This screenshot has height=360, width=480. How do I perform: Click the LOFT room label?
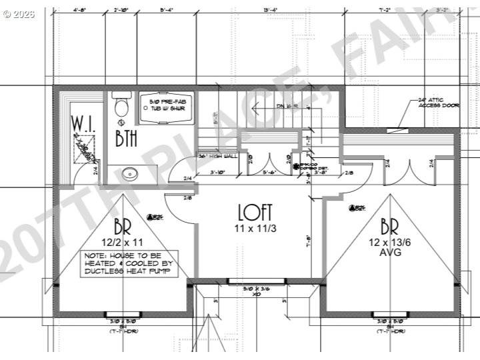255,213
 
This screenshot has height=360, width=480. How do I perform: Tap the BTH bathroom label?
127,139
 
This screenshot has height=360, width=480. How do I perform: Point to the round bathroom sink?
131,175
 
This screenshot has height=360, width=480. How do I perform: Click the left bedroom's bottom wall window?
124,314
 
